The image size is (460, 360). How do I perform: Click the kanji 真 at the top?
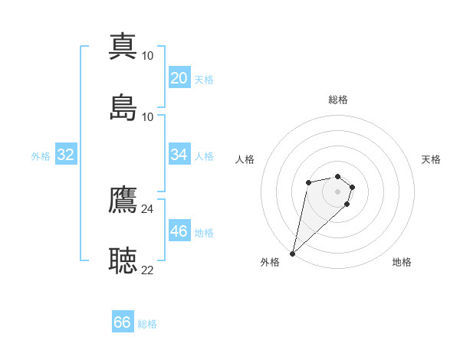point(123,46)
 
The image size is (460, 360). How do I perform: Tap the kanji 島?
point(123,107)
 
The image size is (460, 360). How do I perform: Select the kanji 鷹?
point(123,199)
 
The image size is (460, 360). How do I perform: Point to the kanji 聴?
point(123,260)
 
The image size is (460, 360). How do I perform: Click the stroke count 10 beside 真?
point(148,56)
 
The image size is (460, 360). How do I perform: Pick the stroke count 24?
point(148,209)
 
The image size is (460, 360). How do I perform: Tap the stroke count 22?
point(148,270)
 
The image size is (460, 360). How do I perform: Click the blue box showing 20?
point(179,78)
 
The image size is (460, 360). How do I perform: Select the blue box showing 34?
point(179,155)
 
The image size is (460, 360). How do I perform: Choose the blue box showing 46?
point(179,231)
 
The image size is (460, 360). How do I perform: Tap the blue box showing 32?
point(66,155)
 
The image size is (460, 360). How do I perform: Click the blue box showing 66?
point(123,322)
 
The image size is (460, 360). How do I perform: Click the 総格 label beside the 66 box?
point(147,324)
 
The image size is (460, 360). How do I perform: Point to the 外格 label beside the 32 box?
point(41,156)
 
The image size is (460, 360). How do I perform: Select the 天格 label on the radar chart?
point(432,159)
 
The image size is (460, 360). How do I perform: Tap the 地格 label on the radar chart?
point(402,262)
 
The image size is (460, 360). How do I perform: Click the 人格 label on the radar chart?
point(245,159)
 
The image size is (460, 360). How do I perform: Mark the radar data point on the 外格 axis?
point(293,253)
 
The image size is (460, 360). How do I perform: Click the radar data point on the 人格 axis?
point(308,182)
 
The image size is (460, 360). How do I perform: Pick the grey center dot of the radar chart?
point(338,191)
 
